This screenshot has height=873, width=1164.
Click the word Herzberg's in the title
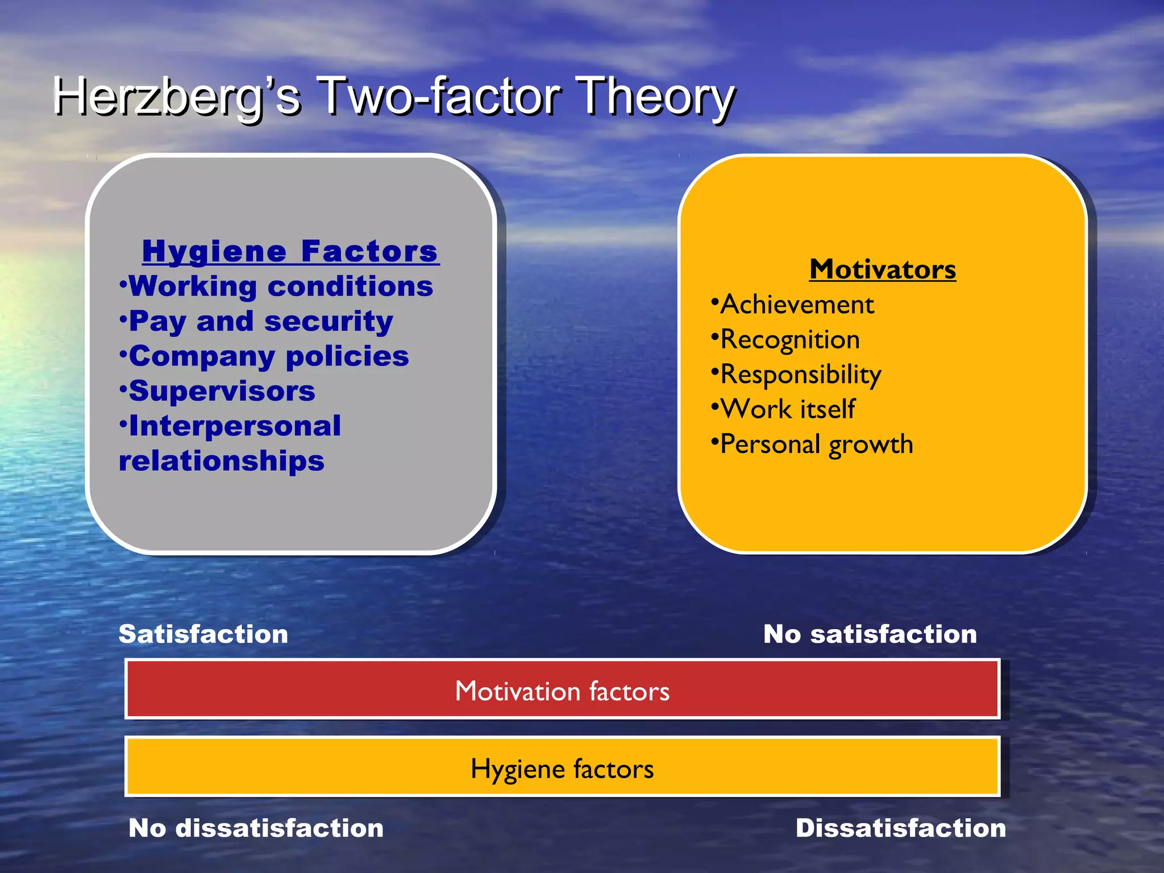[176, 97]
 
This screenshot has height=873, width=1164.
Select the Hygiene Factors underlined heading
[290, 251]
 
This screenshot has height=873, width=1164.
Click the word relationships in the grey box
[222, 460]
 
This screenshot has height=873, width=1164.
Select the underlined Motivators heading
[883, 269]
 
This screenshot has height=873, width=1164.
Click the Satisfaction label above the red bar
[203, 634]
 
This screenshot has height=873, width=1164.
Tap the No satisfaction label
[870, 634]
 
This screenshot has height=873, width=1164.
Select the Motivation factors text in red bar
[562, 691]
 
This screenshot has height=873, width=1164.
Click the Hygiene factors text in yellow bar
[562, 769]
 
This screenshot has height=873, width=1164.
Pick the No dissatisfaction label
[256, 828]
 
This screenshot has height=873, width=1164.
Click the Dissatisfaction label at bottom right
[901, 828]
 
